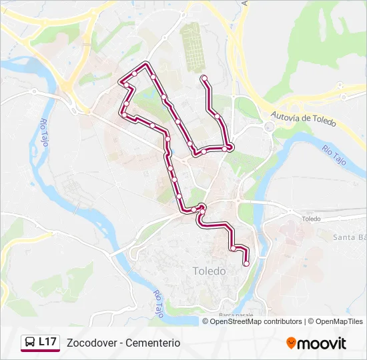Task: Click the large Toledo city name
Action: click(209, 271)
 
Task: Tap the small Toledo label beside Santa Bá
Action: click(311, 219)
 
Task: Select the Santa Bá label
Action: click(350, 237)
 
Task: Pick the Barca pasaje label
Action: click(236, 314)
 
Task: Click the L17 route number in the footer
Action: click(47, 342)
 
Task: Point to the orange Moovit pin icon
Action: click(291, 343)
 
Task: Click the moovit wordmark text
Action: click(323, 343)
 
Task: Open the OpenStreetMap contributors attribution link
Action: click(256, 321)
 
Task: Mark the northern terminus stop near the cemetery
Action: click(204, 79)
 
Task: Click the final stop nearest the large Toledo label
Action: click(246, 263)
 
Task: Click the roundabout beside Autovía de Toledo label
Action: click(269, 127)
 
